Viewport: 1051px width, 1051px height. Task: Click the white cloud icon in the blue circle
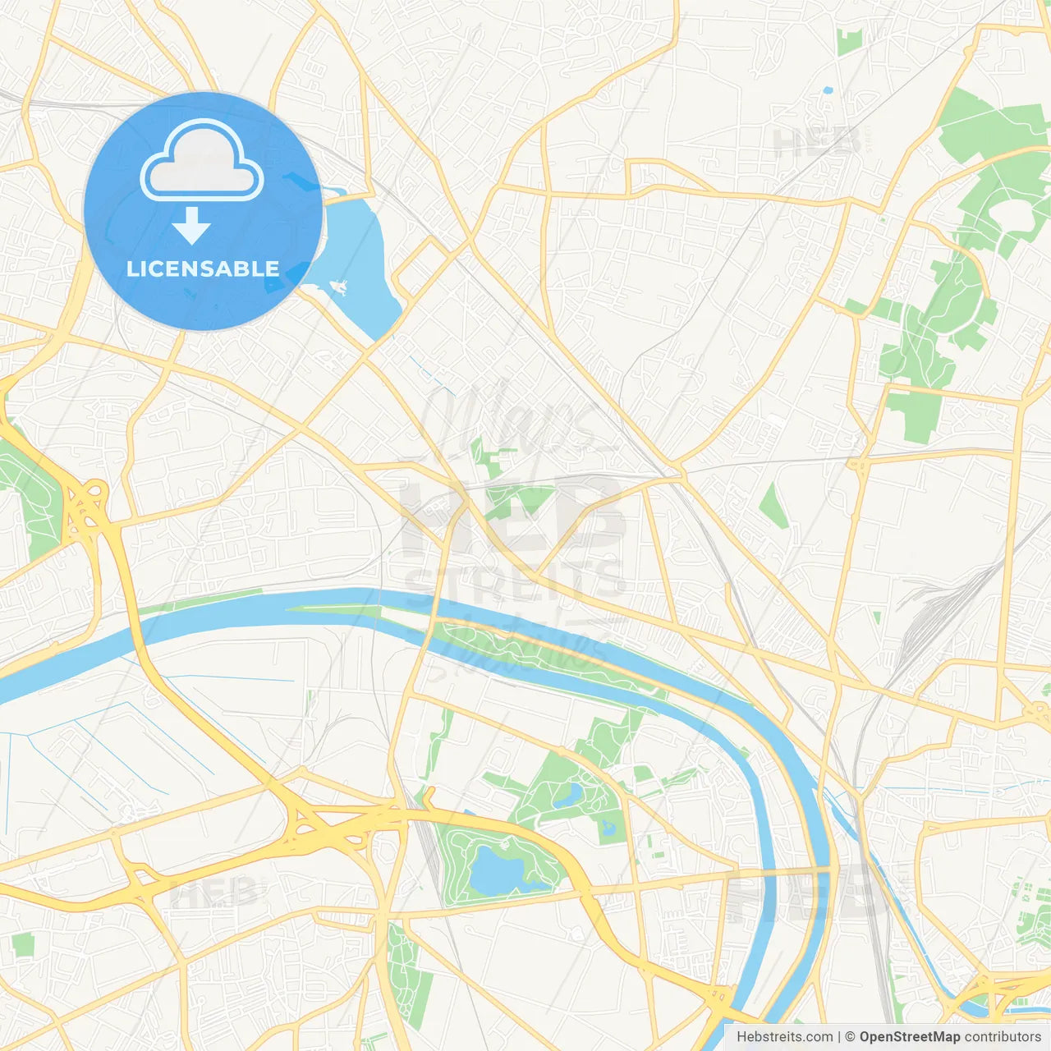202,160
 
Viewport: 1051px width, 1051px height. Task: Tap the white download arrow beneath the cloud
191,226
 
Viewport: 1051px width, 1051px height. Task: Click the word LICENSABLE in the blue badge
203,268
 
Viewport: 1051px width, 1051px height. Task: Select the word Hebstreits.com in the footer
784,1037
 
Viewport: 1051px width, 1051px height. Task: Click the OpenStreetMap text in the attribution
909,1037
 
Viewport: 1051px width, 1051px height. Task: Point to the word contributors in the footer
1003,1037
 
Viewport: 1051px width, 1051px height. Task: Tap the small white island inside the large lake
337,287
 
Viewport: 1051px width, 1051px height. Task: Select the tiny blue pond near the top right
827,90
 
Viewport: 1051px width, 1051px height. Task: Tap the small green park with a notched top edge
849,41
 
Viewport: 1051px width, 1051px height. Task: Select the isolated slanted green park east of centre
773,504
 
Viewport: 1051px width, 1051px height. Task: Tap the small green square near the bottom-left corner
23,945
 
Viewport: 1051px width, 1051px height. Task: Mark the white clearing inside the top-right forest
1013,215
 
